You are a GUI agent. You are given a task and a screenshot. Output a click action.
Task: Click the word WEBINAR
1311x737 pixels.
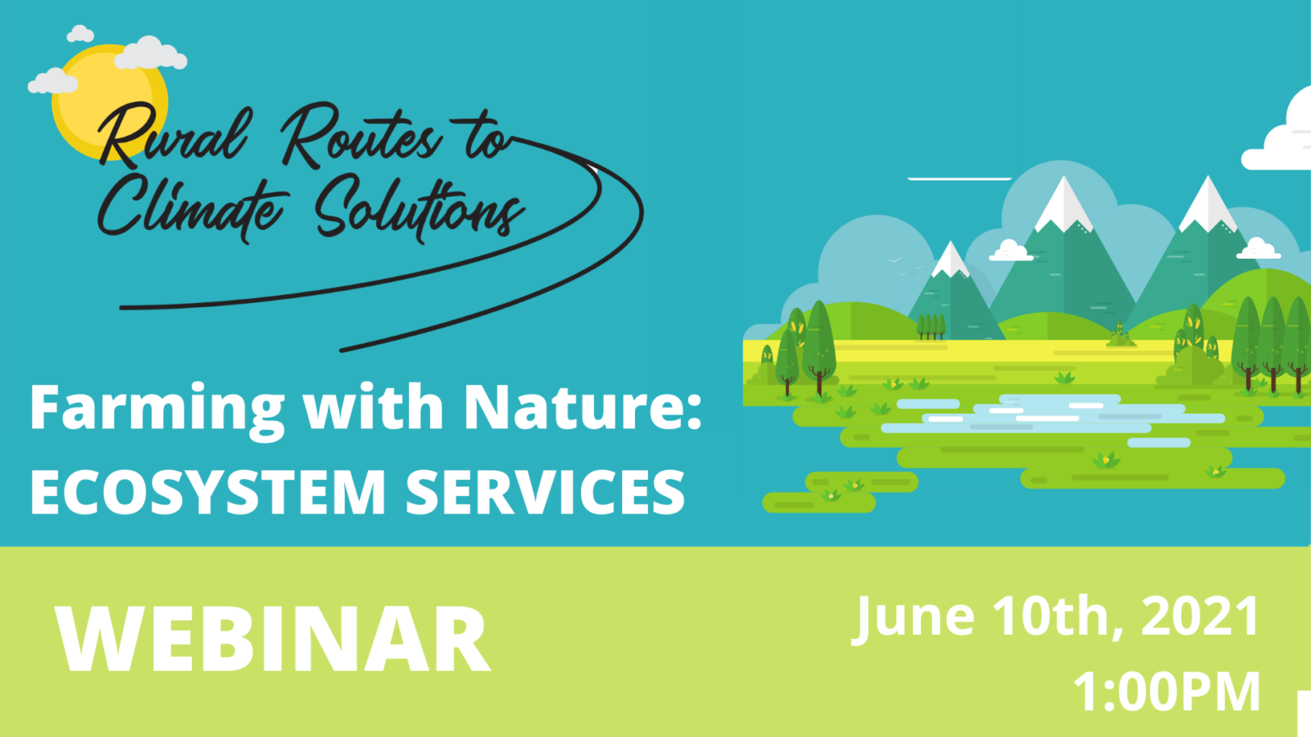click(x=273, y=640)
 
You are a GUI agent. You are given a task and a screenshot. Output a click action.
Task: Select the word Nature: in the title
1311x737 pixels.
click(x=583, y=407)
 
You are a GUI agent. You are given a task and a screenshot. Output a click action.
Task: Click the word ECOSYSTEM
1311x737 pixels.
click(x=208, y=492)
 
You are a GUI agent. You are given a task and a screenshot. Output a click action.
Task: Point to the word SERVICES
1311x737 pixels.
click(x=546, y=492)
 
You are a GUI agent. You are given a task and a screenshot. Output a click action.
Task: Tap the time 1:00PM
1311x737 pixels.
click(x=1167, y=691)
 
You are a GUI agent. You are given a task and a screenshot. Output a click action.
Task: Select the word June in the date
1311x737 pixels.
click(x=913, y=620)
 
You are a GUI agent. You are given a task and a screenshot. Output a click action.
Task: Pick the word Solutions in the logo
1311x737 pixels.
click(x=420, y=209)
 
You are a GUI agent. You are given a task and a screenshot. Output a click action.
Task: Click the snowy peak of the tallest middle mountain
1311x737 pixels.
click(x=1064, y=205)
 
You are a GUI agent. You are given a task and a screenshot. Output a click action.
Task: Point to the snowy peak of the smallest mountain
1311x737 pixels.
click(x=950, y=259)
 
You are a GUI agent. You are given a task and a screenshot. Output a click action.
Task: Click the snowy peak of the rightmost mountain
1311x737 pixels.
click(x=1208, y=205)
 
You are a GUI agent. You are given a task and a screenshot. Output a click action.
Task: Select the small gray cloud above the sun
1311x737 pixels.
click(x=80, y=34)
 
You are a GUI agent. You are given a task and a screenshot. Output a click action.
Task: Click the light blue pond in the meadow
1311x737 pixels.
click(x=1054, y=416)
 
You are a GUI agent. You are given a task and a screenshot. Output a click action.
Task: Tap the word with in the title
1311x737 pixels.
click(x=374, y=407)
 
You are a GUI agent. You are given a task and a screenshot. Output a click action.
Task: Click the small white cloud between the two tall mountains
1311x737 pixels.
click(x=1011, y=251)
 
